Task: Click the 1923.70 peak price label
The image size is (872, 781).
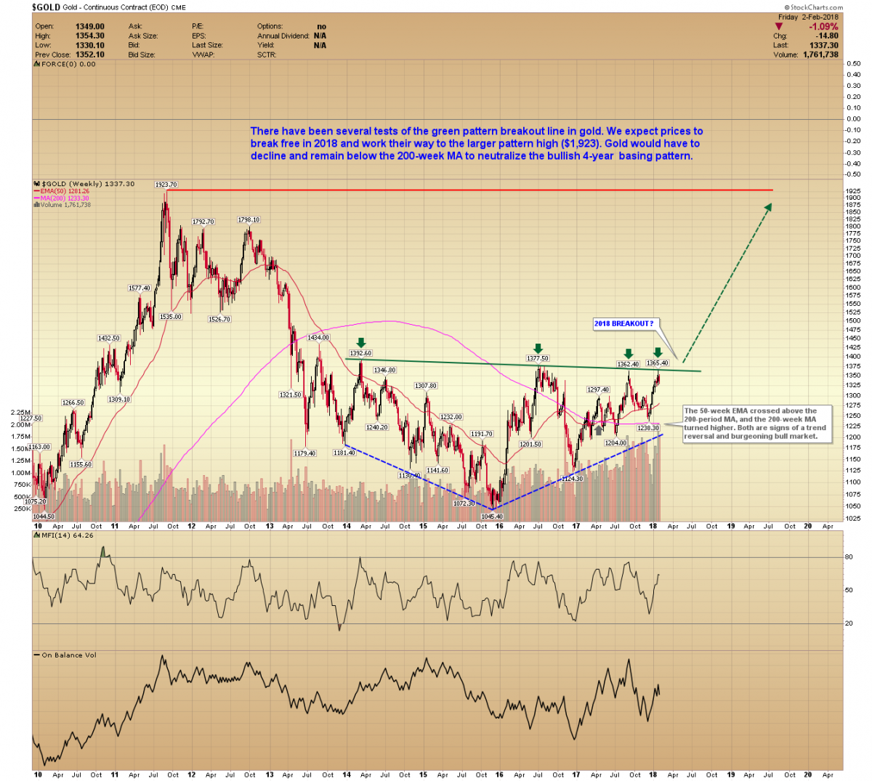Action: click(x=166, y=185)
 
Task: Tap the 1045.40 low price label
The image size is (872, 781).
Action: click(x=492, y=517)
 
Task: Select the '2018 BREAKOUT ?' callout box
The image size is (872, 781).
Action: click(x=623, y=323)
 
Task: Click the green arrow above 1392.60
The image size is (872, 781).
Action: click(x=360, y=343)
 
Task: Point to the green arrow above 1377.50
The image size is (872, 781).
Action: click(x=538, y=349)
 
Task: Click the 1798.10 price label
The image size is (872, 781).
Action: click(x=249, y=219)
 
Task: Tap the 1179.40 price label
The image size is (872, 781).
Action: click(x=304, y=453)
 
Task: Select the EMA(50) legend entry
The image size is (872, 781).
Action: click(x=65, y=191)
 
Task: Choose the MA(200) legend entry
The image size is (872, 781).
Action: click(x=65, y=198)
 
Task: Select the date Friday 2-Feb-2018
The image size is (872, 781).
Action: click(x=808, y=17)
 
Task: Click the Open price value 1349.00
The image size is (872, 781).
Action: click(x=90, y=27)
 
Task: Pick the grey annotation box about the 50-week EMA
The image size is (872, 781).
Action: click(x=756, y=424)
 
